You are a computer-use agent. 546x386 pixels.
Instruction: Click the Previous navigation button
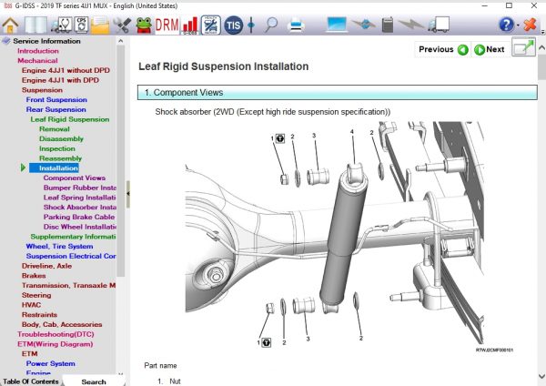click(443, 49)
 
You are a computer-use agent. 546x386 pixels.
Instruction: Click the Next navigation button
click(490, 49)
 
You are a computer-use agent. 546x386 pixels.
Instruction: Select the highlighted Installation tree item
click(58, 168)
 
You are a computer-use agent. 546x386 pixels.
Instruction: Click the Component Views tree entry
click(74, 178)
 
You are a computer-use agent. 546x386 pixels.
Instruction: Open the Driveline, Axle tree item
click(46, 266)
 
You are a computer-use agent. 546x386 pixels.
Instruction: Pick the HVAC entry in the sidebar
click(31, 305)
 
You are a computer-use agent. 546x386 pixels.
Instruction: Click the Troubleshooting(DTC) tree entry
click(59, 334)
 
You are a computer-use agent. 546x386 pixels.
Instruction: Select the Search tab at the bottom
click(94, 381)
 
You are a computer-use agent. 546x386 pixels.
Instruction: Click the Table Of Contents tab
click(32, 381)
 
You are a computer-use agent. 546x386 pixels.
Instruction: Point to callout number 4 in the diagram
click(351, 133)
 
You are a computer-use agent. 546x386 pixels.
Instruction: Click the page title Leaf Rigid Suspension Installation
click(223, 66)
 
